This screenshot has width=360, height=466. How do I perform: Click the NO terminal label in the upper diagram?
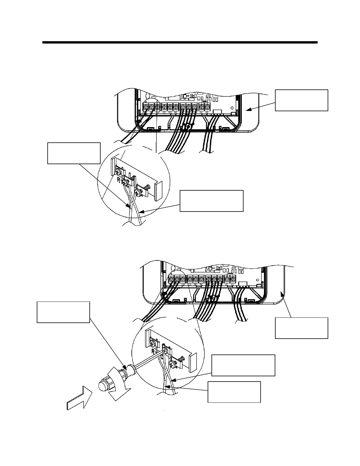point(170,112)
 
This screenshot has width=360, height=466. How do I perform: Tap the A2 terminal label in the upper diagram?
point(207,112)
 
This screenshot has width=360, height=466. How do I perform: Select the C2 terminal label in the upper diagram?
point(164,112)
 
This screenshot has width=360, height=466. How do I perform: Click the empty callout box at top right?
point(301,100)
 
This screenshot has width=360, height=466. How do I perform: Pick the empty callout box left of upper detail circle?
point(74,153)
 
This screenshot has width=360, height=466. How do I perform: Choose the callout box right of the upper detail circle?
point(211,201)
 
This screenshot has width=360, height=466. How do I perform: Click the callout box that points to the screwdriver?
point(63,312)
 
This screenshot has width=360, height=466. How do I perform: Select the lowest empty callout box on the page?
point(234,392)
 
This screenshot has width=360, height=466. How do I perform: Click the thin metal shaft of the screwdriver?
point(149,358)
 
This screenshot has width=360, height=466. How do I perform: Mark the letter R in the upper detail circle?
point(119,180)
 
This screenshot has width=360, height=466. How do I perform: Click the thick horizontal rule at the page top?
point(180,42)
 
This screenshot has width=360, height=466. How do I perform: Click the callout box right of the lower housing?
point(301,328)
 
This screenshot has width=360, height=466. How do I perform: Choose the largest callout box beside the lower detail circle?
point(243,365)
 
